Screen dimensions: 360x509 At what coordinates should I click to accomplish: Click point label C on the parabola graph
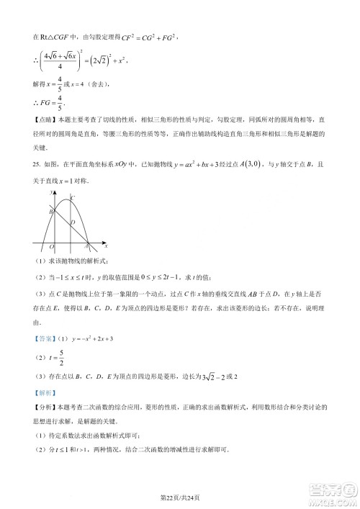click(71, 198)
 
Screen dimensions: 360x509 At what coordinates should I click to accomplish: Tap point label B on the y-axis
click(50, 210)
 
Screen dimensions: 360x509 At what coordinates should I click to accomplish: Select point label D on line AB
click(73, 222)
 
